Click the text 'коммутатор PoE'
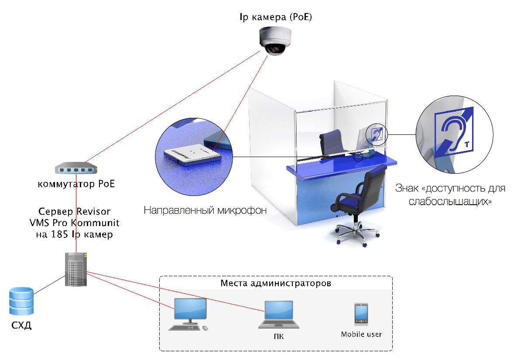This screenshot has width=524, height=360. click(77, 184)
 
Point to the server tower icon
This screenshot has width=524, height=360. click(76, 269)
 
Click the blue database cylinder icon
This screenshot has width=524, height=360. click(21, 301)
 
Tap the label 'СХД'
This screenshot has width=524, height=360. click(21, 326)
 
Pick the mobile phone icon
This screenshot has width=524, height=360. click(361, 314)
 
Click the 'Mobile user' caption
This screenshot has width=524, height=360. click(361, 335)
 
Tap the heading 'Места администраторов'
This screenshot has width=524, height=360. click(276, 283)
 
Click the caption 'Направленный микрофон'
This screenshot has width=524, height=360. click(205, 211)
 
